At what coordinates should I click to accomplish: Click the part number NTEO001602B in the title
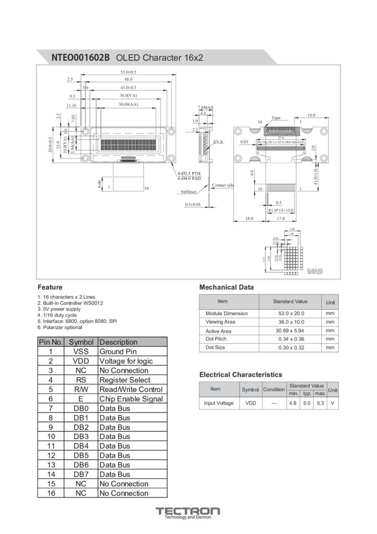[80, 57]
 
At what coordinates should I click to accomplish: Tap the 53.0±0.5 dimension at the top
[128, 71]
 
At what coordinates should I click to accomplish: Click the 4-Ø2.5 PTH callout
[189, 173]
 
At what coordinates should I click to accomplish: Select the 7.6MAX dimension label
[206, 107]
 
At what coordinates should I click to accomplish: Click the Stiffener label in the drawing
[188, 192]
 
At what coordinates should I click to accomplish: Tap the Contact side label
[223, 185]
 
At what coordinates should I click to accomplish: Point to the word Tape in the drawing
[276, 118]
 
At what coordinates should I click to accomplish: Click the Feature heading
[50, 287]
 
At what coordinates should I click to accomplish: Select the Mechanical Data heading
[227, 287]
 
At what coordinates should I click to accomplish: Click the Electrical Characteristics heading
[241, 374]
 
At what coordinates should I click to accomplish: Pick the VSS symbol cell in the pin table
[81, 352]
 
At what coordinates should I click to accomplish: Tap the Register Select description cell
[125, 380]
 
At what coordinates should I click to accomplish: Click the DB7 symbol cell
[81, 475]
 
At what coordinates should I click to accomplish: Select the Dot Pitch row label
[216, 339]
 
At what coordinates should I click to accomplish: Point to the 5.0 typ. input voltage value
[307, 403]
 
